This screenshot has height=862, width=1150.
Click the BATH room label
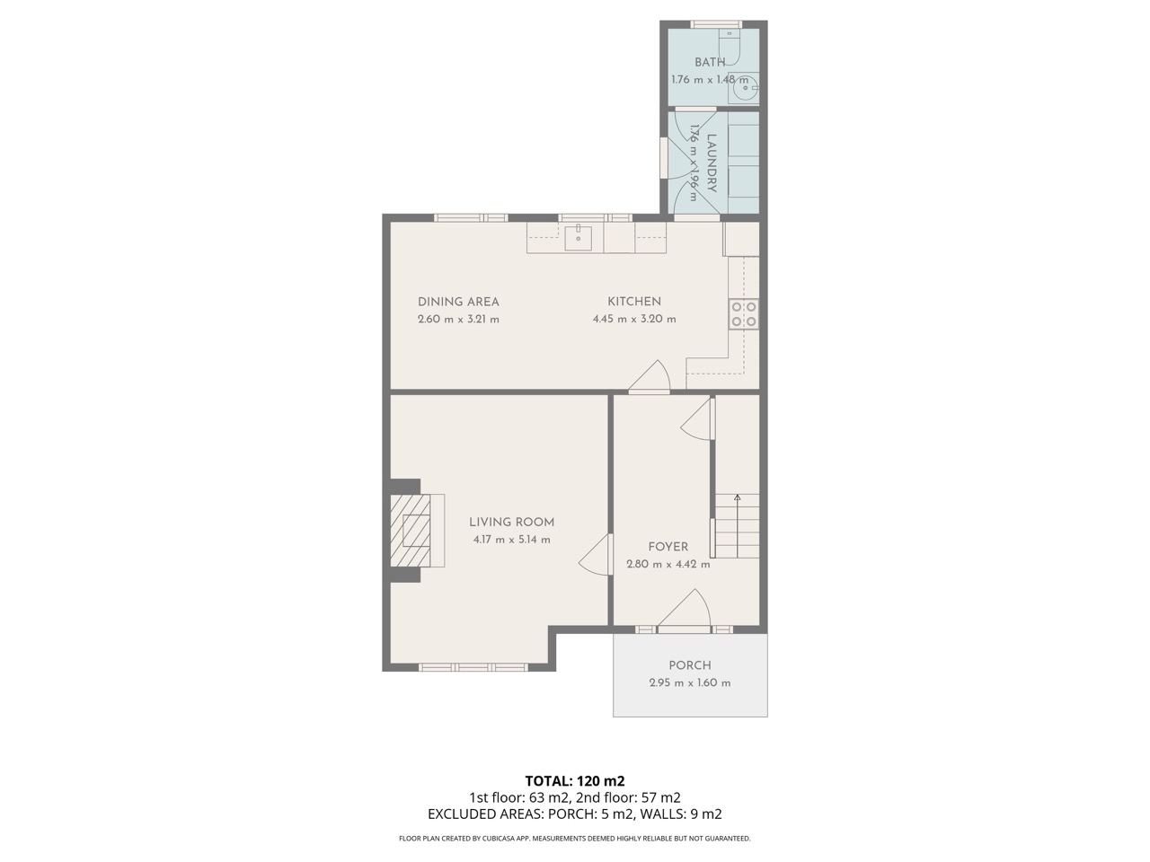click(x=710, y=62)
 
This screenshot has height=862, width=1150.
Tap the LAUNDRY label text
click(x=712, y=163)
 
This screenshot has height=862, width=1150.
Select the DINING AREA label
click(x=458, y=302)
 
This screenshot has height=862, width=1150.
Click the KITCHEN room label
click(x=634, y=302)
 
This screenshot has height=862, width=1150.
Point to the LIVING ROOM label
click(x=511, y=522)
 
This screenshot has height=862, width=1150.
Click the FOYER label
click(x=668, y=547)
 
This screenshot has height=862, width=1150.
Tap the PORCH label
click(x=690, y=665)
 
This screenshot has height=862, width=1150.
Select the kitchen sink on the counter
click(x=579, y=237)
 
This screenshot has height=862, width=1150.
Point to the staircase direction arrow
click(x=738, y=497)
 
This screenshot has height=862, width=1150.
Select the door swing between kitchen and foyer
click(x=650, y=377)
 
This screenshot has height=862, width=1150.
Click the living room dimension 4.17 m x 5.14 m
click(x=511, y=540)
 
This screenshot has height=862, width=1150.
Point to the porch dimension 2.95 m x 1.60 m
click(x=690, y=682)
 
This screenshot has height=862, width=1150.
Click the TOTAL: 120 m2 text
click(x=574, y=780)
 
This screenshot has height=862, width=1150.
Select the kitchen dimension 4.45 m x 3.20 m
click(x=634, y=319)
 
